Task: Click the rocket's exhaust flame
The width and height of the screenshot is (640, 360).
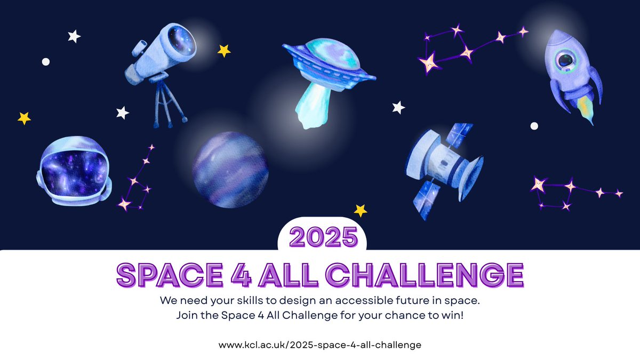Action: (x=587, y=110)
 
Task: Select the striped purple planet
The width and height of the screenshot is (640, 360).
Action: (x=230, y=170)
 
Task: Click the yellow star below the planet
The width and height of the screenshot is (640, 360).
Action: (x=361, y=210)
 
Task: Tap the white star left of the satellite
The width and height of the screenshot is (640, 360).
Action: (x=398, y=107)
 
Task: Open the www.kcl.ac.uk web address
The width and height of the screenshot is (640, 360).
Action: (x=320, y=345)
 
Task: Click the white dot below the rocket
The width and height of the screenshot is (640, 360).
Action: (x=534, y=126)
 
